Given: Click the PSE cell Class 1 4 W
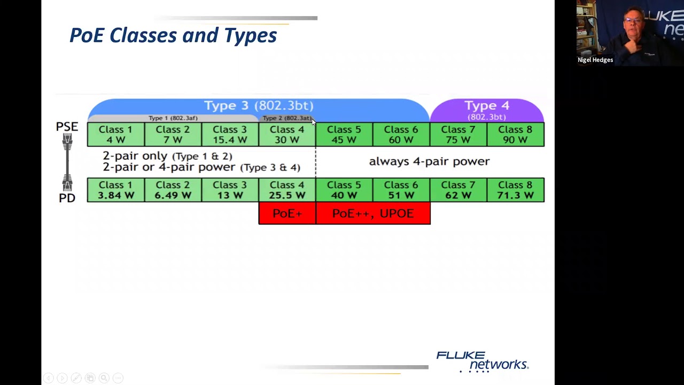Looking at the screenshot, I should pos(115,135).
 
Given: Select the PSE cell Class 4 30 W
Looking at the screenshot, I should pos(287,135).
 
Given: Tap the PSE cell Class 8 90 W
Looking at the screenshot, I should pos(515,135).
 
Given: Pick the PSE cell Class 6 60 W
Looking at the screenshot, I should pos(401,135).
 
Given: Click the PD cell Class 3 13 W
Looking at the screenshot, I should pos(230,190).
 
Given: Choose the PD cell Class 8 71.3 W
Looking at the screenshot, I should pos(515,190).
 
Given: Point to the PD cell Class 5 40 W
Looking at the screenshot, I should pos(344,190).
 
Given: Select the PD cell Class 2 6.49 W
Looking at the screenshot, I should pos(173,190).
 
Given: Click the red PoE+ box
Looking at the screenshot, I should pos(287,213).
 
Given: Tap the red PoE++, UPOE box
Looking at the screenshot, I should pos(373,213).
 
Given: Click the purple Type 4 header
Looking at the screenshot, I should pos(487,109).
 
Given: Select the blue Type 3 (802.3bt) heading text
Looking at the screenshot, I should pos(259,105).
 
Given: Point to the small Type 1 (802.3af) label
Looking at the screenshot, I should pos(173,118).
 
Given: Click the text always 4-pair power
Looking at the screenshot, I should pos(429,161).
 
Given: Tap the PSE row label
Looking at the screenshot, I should pos(67,127).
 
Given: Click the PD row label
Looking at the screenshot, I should pos(67,198).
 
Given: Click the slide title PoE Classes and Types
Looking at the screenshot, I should pos(173,35).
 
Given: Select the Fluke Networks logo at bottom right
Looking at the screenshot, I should pos(482,361).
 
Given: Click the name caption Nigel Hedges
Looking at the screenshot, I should pos(595,60).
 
